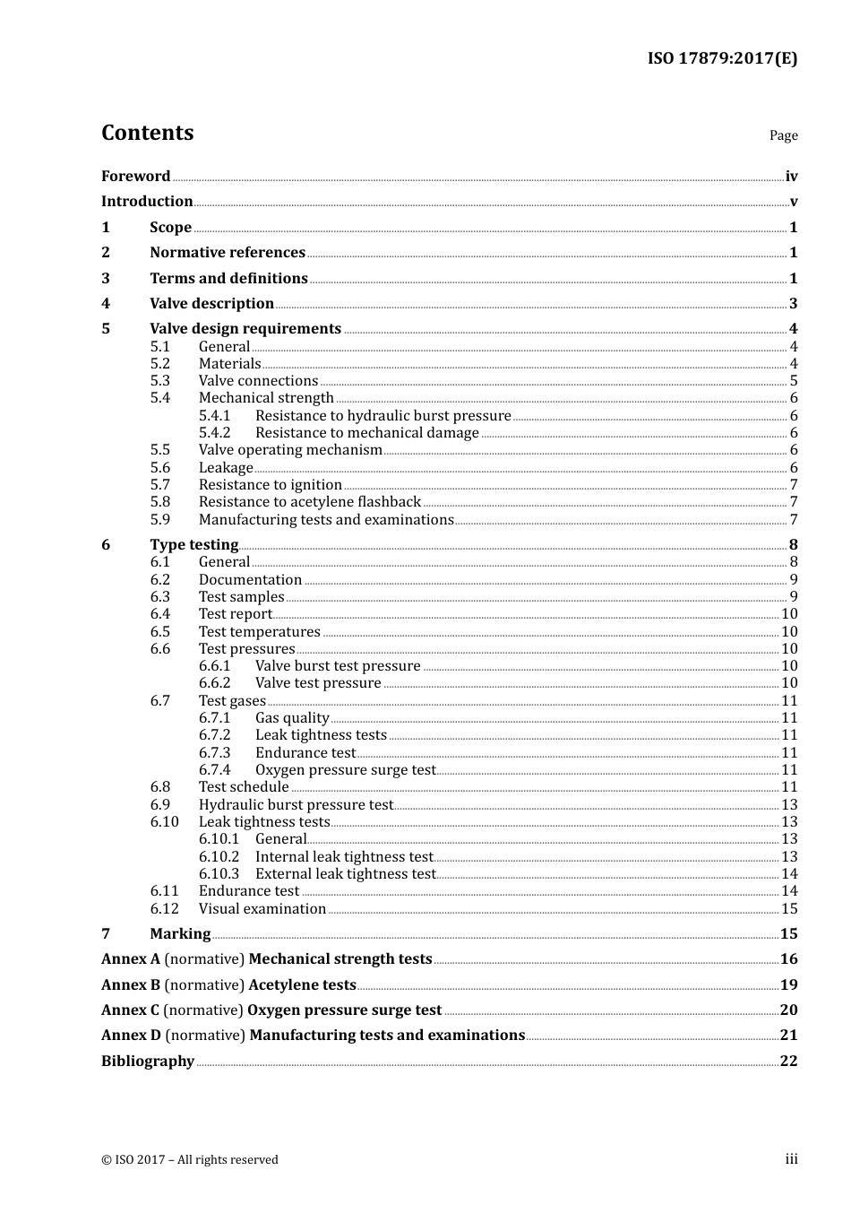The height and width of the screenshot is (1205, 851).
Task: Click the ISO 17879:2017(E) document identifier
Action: click(722, 58)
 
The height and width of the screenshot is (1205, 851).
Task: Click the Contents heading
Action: click(147, 133)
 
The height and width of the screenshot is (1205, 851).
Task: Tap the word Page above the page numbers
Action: click(783, 135)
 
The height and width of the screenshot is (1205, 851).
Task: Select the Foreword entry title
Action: click(135, 176)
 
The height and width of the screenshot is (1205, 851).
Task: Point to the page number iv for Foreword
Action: click(791, 177)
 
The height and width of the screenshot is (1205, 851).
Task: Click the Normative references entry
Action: click(228, 253)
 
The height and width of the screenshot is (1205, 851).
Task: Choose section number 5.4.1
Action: click(214, 416)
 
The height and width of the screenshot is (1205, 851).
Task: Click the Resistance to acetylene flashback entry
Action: click(309, 502)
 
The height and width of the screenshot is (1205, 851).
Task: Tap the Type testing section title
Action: click(193, 545)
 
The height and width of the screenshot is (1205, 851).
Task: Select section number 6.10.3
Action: click(219, 874)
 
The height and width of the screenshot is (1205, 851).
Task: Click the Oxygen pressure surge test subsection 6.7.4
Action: click(345, 770)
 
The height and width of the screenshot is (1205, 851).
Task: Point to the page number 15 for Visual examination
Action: click(789, 909)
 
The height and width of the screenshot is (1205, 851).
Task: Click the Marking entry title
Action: click(180, 934)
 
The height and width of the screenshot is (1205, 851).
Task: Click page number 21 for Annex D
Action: click(788, 1035)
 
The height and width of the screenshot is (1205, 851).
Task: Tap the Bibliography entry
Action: click(148, 1061)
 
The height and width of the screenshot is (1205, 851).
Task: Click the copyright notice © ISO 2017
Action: click(190, 1159)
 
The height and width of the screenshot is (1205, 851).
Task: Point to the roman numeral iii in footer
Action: click(791, 1159)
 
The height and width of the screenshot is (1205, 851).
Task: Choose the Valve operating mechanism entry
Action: click(290, 450)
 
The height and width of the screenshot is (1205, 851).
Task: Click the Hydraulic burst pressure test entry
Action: click(296, 805)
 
